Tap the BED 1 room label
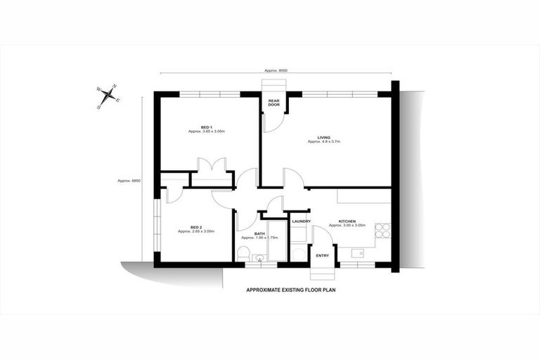tap(206, 127)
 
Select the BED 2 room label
tap(195, 227)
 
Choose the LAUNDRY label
tap(301, 221)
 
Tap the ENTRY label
tap(323, 255)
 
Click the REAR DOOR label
tap(274, 103)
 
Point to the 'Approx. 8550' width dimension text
tap(276, 71)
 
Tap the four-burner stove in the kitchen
tap(383, 231)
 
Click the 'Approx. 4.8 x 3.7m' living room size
tap(324, 142)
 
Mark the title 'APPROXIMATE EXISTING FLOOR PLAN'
tap(290, 290)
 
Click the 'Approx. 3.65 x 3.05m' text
tap(206, 131)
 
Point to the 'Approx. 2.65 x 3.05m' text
tap(196, 231)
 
